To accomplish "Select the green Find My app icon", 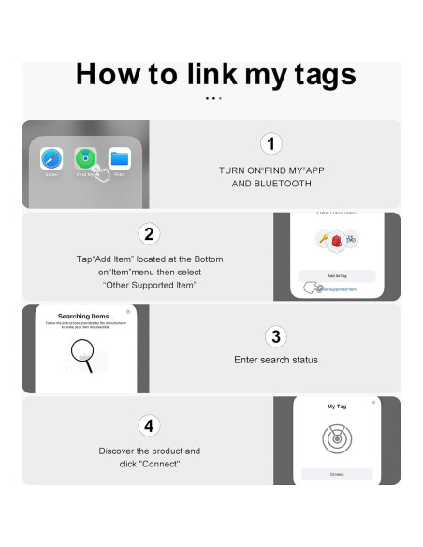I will coord(86,158).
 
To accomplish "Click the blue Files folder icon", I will coord(119,158).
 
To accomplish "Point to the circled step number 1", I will coord(270,143).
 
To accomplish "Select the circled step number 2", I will coord(149,233).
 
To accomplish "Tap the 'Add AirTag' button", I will coord(336,275).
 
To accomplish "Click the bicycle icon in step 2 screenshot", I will coord(351,239).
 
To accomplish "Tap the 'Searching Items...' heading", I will coord(86,316).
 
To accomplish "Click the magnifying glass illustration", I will coord(82,355).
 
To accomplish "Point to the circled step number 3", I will coord(274,335).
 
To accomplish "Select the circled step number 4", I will coord(149,425).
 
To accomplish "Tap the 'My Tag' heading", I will coord(336,407).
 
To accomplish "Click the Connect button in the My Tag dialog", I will coord(336,474).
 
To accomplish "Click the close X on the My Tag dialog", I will coord(373,401).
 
